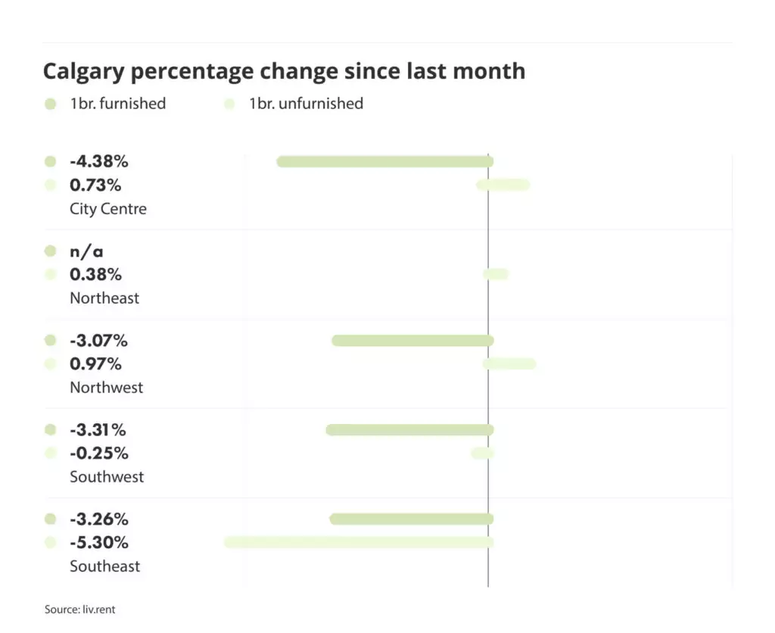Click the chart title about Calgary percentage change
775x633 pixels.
click(284, 71)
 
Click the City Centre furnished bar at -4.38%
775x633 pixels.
click(384, 161)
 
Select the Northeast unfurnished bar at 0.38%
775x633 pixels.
click(496, 274)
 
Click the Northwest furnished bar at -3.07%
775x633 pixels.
click(412, 341)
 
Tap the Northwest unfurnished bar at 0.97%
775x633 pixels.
click(509, 364)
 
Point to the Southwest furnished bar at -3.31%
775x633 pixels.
click(409, 430)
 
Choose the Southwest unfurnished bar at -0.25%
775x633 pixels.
click(482, 454)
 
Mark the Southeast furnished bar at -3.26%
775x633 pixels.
click(411, 519)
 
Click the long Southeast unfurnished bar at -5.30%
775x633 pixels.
click(359, 542)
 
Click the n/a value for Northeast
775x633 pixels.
click(86, 251)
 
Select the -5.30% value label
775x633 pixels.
click(99, 543)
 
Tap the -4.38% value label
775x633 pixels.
click(99, 161)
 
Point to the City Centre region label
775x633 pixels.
click(108, 209)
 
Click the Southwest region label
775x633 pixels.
click(107, 477)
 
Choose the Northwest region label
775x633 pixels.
click(106, 388)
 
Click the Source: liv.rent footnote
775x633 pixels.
click(79, 610)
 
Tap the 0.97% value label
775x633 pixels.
click(95, 364)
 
